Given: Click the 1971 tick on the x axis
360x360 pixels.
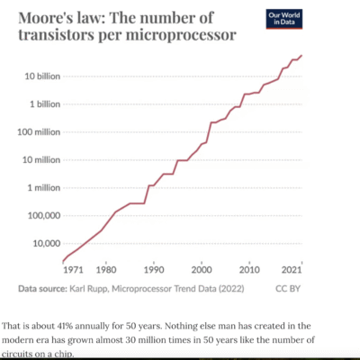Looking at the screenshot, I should coord(73,269).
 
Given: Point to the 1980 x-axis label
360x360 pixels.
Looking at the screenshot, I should coord(106,269).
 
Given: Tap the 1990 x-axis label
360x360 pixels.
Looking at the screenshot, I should coord(154,269).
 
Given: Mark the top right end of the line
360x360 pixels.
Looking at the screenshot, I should coord(301,56).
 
